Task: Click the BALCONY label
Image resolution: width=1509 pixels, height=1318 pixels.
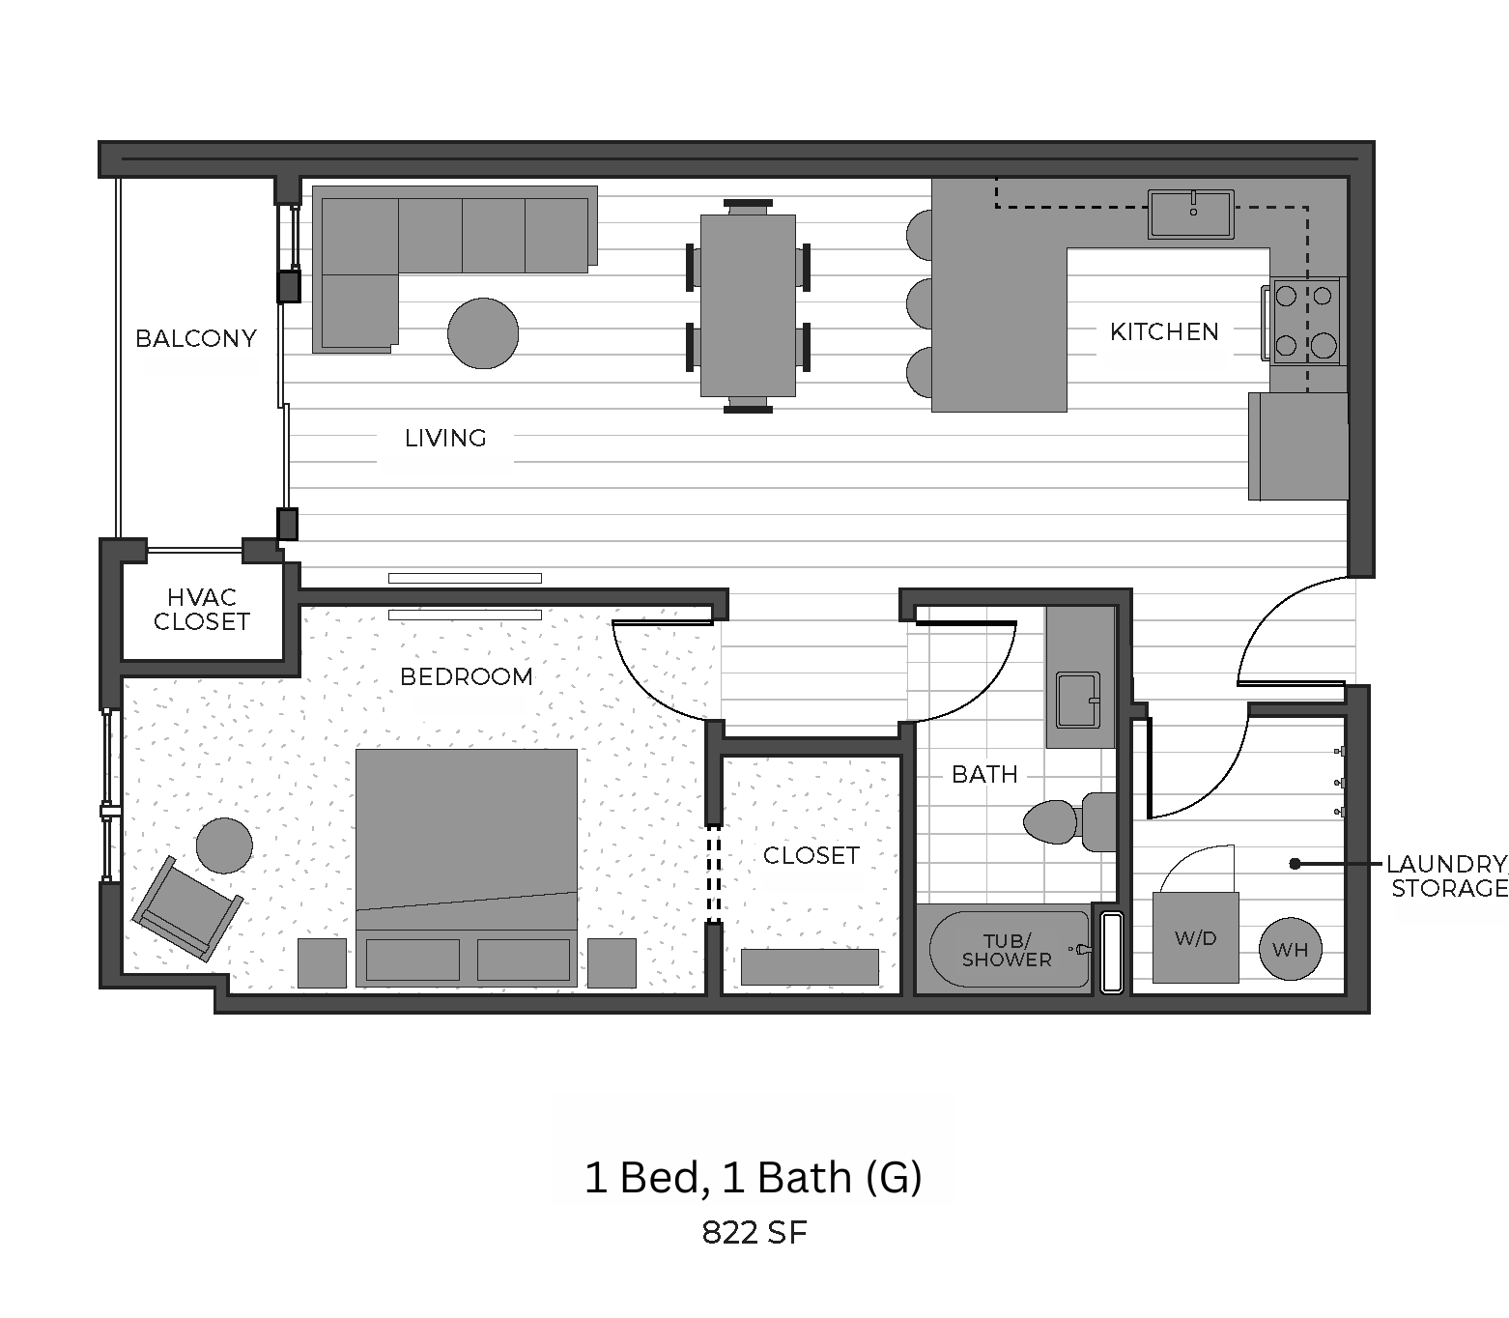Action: tap(196, 338)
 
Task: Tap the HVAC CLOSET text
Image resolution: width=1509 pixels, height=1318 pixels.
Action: tap(201, 609)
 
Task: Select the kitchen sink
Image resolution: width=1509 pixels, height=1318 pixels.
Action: tap(1190, 214)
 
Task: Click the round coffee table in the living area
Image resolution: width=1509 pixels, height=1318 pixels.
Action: tap(483, 333)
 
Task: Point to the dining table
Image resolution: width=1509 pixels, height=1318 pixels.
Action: tap(748, 305)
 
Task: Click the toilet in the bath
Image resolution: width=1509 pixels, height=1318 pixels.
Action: tap(1069, 821)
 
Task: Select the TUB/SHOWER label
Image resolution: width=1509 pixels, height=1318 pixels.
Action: tap(1007, 951)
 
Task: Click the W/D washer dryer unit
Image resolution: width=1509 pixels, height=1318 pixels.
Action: tap(1196, 937)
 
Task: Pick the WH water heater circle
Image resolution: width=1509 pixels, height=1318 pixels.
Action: tap(1290, 949)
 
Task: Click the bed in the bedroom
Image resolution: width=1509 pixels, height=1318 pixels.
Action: tap(466, 868)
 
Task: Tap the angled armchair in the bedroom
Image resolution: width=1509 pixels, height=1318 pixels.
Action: tap(187, 908)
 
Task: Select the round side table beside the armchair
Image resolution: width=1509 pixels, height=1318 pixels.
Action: tap(224, 845)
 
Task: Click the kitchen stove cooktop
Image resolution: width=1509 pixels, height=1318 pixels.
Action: tap(1304, 321)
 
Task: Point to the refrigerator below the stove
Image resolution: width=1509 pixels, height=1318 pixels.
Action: tap(1298, 446)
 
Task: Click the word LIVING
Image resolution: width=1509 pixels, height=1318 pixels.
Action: tap(445, 438)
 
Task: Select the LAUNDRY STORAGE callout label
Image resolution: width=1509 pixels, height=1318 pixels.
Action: tap(1448, 876)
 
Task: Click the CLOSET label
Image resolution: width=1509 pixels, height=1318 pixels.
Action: tap(811, 855)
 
